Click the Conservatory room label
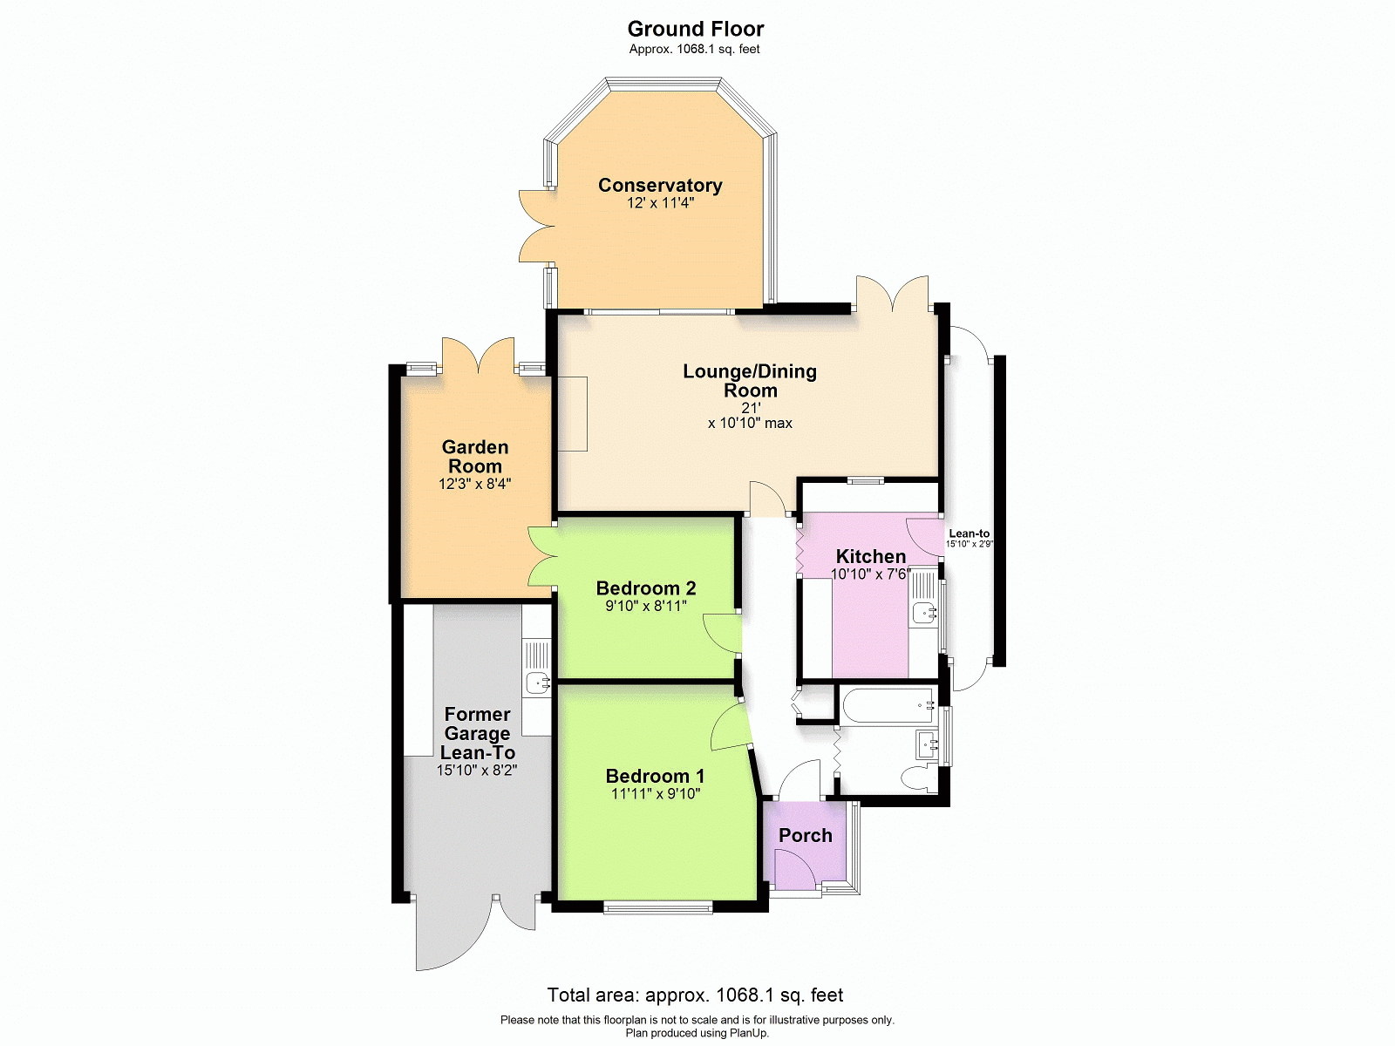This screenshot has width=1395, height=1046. pyautogui.click(x=660, y=185)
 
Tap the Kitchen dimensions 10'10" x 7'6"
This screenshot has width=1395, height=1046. pyautogui.click(x=871, y=574)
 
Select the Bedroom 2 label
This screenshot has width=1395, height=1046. pyautogui.click(x=646, y=588)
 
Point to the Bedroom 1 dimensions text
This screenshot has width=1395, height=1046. pyautogui.click(x=656, y=793)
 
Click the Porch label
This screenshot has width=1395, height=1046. pyautogui.click(x=806, y=835)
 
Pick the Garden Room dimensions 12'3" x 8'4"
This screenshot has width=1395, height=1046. pyautogui.click(x=475, y=484)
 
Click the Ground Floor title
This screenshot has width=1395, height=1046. pyautogui.click(x=695, y=30)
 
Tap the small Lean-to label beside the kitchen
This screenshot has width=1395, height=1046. pyautogui.click(x=970, y=534)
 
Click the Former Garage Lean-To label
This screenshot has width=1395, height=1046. pyautogui.click(x=477, y=734)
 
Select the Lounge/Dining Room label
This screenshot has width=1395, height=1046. pyautogui.click(x=750, y=380)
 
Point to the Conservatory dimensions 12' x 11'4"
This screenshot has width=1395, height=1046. pyautogui.click(x=660, y=203)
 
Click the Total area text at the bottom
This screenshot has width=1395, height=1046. pyautogui.click(x=695, y=995)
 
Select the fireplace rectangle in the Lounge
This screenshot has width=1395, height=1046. pyautogui.click(x=572, y=414)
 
